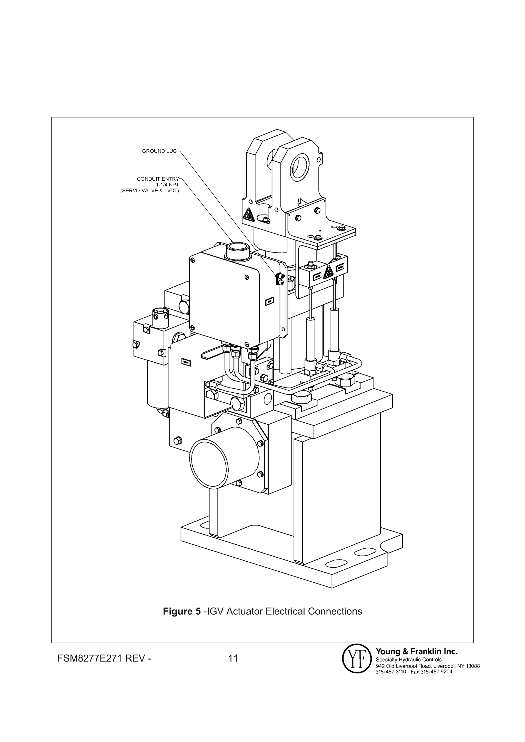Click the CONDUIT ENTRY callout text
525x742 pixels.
[x=158, y=179]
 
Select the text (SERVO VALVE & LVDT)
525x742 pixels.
[x=149, y=191]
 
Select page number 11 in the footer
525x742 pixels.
[x=233, y=659]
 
